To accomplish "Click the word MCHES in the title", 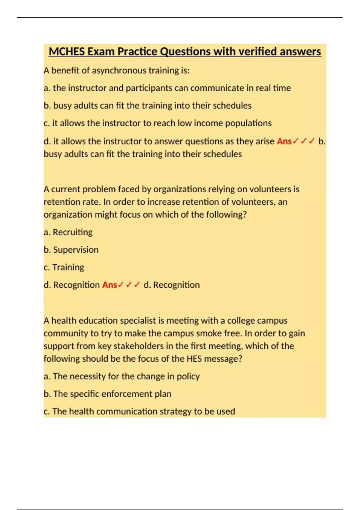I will pos(67,52).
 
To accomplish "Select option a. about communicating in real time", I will pos(167,88).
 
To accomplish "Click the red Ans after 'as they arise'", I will pos(284,141).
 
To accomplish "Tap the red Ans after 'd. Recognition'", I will pos(109,285).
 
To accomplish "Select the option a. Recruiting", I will pos(68,232).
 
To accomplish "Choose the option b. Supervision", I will pos(71,250).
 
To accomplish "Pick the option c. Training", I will pos(64,267).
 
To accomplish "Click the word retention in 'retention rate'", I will pos(57,202).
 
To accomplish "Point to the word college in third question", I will pos(242,321).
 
